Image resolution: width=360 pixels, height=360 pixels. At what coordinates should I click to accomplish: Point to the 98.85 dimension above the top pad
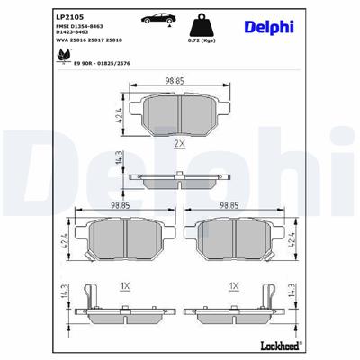[176, 82]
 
